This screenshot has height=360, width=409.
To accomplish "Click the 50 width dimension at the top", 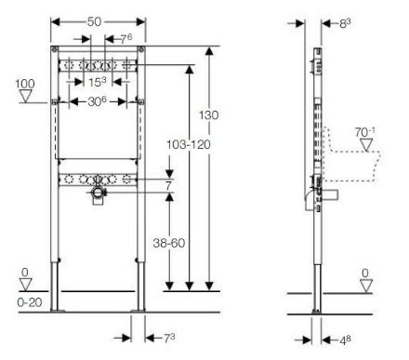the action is pyautogui.click(x=94, y=21).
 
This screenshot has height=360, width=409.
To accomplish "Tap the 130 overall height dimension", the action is pyautogui.click(x=208, y=115).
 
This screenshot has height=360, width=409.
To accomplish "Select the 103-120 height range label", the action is pyautogui.click(x=189, y=144).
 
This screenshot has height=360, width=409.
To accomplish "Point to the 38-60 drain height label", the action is pyautogui.click(x=169, y=243).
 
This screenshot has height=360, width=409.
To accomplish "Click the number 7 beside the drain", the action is pyautogui.click(x=168, y=186).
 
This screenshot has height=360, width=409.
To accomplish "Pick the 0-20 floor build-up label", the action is pyautogui.click(x=30, y=302).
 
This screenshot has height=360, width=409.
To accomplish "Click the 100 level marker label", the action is pyautogui.click(x=25, y=84).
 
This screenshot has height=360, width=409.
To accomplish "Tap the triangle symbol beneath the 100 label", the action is pyautogui.click(x=25, y=96).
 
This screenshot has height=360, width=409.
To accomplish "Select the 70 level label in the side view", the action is pyautogui.click(x=364, y=132).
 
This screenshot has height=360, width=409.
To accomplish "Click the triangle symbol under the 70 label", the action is pyautogui.click(x=366, y=145).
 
